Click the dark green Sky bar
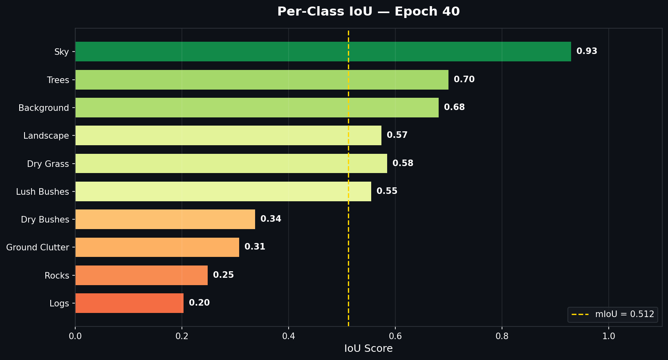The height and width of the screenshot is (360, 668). [323, 52]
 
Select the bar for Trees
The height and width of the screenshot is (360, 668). [262, 80]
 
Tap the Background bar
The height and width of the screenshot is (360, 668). [257, 108]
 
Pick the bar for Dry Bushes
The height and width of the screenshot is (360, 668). [165, 219]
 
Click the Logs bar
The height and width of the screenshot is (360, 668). [129, 303]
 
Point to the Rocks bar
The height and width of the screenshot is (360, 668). [141, 275]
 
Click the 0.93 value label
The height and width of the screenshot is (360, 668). [587, 52]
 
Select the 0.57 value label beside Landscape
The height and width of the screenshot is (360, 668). [397, 135]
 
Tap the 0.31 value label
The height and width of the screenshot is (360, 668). [255, 247]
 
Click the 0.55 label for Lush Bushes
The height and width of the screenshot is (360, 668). [387, 191]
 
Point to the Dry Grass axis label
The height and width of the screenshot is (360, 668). [48, 164]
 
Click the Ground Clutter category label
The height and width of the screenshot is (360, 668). [38, 248]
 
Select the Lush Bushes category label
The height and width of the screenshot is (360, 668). [43, 192]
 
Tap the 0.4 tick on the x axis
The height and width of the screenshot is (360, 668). [289, 336]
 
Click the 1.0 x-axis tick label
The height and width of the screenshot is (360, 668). [609, 336]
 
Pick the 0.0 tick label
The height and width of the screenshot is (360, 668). [75, 336]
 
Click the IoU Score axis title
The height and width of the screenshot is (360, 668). [368, 349]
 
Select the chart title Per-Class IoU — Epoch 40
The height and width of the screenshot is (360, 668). [368, 11]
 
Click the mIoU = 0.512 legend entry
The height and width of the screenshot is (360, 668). [613, 315]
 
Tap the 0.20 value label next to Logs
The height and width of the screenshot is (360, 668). [199, 303]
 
